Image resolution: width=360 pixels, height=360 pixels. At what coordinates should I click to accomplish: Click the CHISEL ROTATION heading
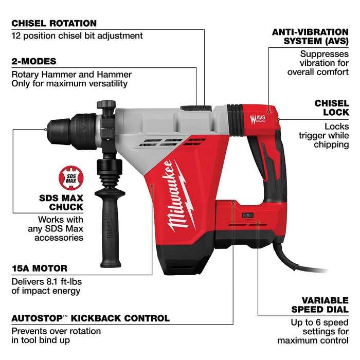(x=54, y=23)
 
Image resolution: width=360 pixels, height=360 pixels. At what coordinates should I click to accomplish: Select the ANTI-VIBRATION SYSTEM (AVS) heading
(x=310, y=36)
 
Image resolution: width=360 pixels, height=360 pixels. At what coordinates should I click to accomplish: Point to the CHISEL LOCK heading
(x=331, y=107)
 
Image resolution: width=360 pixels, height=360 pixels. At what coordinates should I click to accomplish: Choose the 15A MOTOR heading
(x=40, y=268)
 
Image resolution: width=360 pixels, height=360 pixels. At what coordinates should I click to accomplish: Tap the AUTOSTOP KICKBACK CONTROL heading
(x=91, y=318)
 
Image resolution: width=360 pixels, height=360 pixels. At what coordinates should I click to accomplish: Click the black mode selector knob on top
(x=195, y=107)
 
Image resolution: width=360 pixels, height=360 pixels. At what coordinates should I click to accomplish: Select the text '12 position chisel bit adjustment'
(x=77, y=36)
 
